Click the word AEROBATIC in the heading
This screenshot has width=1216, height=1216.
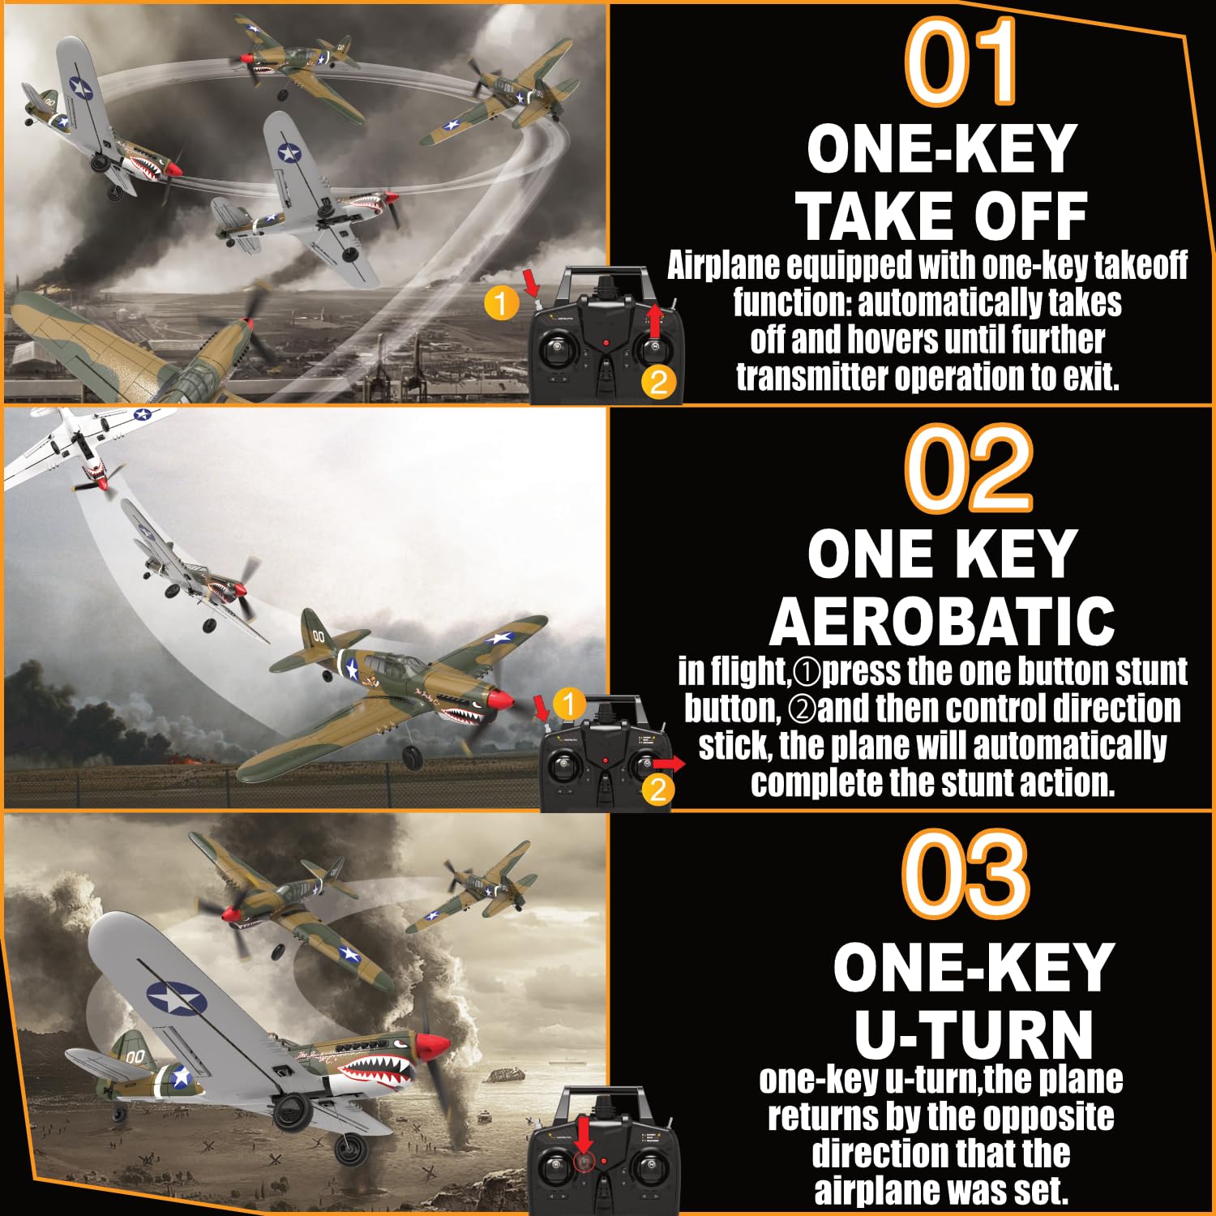click(x=942, y=621)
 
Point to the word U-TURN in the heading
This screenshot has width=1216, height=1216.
click(x=974, y=1034)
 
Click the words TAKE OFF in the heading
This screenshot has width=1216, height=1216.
click(x=941, y=216)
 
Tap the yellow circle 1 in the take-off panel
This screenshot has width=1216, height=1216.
click(x=501, y=303)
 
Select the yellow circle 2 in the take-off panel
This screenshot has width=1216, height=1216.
click(x=658, y=382)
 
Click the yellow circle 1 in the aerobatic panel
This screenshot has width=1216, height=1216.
click(x=569, y=704)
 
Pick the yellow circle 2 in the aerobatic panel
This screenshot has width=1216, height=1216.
click(x=658, y=789)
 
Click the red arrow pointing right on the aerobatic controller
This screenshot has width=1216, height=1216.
click(x=670, y=764)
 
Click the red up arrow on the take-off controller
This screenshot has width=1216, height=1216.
click(x=655, y=320)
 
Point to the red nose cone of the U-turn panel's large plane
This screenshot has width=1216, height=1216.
click(x=434, y=1047)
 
